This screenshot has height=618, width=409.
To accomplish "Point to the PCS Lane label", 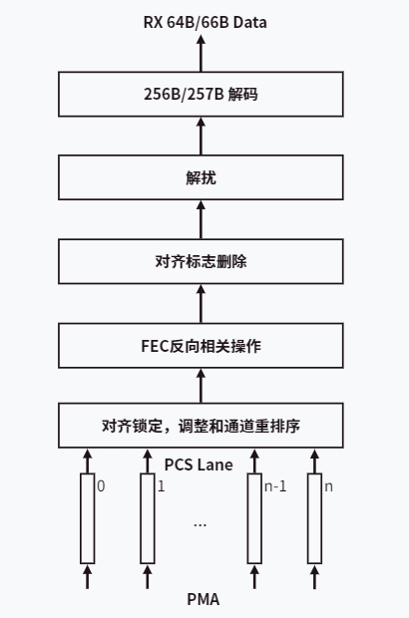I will pos(199,464).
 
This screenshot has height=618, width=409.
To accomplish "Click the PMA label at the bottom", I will pos(203,599).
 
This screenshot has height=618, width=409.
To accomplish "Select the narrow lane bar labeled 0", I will pos(88,518).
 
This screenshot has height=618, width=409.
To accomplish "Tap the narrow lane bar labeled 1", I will pos(148,518).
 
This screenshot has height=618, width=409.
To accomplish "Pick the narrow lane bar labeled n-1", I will pos(255,518).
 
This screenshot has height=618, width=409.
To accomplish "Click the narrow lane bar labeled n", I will pos(315,518).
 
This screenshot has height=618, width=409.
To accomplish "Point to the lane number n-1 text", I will pos(274,487).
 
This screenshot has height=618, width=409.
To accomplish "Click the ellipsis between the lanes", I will pos(200,522).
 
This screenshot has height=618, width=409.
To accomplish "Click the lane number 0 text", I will pos(101,487).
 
